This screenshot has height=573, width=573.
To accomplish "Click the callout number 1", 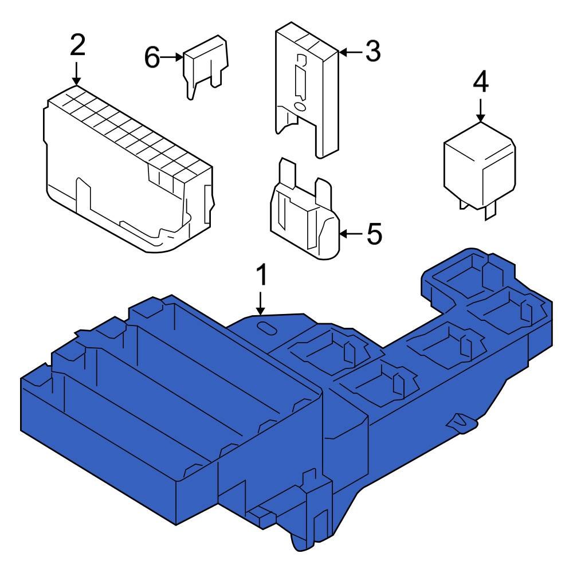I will tap(261, 276).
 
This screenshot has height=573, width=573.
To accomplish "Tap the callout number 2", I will tap(77, 46).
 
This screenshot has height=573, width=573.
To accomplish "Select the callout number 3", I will tap(372, 52).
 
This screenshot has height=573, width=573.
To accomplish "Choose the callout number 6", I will tap(152, 57).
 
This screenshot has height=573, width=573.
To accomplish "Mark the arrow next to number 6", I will tap(171, 57).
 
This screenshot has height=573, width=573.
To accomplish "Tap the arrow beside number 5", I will tap(351, 234).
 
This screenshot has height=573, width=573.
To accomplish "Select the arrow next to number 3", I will tap(350, 53).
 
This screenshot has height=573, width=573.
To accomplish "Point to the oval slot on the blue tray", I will tap(266, 327).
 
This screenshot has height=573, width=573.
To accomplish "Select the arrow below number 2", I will tap(77, 73).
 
